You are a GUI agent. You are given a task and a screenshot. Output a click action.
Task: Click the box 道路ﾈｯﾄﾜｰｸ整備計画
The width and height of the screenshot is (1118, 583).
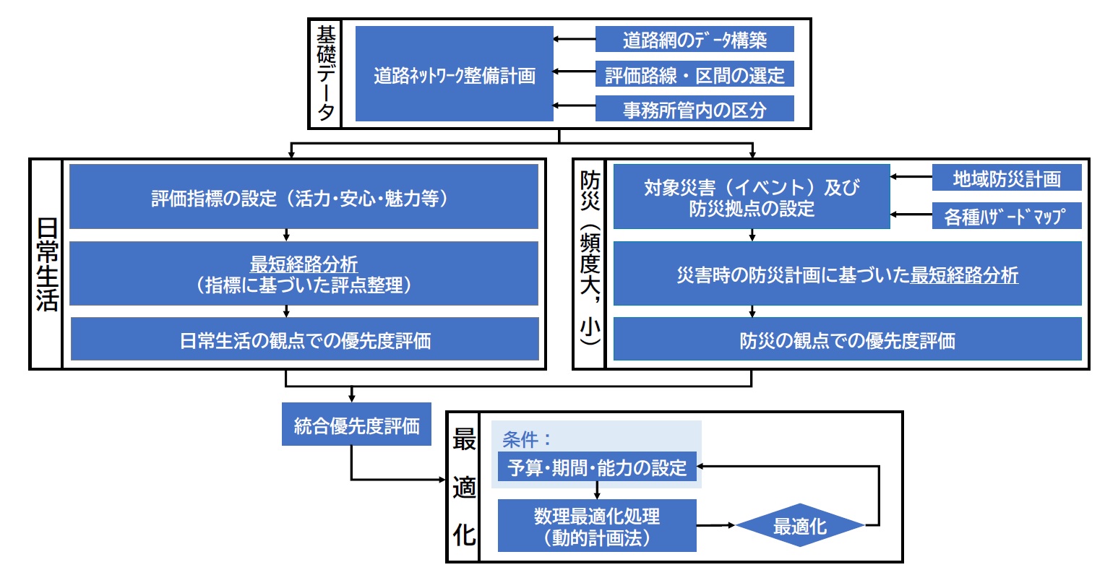[x=454, y=74]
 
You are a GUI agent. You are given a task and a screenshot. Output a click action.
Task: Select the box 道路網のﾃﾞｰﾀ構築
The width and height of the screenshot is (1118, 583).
[x=694, y=40]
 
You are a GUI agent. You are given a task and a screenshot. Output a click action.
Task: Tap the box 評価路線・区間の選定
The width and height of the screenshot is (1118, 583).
[x=694, y=74]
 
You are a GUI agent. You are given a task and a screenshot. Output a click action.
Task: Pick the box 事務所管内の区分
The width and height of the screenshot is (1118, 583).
[x=694, y=109]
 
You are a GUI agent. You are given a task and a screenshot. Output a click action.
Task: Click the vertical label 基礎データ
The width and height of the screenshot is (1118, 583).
[x=325, y=74]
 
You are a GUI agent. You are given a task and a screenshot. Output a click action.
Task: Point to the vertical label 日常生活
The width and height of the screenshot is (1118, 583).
[x=46, y=264]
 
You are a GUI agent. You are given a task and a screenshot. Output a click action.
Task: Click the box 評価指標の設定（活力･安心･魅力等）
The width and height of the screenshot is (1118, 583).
[x=304, y=197]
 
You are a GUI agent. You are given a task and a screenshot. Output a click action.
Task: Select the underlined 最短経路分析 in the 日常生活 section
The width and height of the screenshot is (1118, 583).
[x=304, y=265]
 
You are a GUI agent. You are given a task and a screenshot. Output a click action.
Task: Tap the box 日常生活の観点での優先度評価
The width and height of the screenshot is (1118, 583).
[x=304, y=340]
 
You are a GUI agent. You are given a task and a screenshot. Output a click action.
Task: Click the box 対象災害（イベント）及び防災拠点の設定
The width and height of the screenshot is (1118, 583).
[x=752, y=197]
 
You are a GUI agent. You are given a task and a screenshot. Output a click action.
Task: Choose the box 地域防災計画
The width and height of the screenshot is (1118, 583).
[x=1006, y=178]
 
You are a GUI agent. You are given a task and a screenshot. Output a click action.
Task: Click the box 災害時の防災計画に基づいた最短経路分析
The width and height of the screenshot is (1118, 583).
[x=847, y=275]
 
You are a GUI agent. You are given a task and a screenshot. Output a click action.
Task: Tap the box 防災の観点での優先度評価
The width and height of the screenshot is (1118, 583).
[x=847, y=340]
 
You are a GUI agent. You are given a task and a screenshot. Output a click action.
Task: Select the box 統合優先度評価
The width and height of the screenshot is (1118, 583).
[x=356, y=425]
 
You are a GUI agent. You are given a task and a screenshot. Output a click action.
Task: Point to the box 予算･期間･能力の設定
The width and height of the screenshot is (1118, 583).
[x=597, y=467]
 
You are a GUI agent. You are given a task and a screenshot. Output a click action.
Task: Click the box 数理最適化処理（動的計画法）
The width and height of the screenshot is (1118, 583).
[x=597, y=526]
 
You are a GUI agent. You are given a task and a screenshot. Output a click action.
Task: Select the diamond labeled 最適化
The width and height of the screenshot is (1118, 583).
[x=799, y=526]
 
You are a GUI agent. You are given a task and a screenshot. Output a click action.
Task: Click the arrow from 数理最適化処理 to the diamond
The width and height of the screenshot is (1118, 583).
[x=715, y=525]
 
